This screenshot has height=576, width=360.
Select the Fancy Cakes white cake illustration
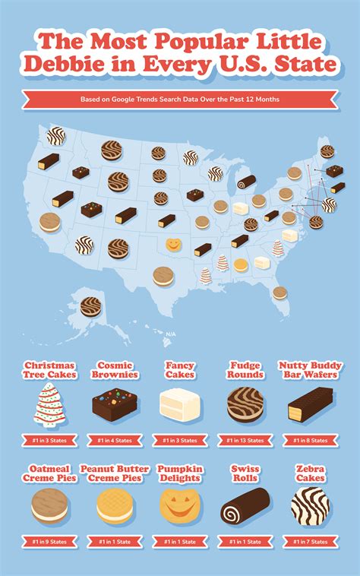click(180, 404)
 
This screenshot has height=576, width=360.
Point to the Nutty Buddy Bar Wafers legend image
click(311, 404)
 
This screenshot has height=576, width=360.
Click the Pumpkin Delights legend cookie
click(180, 505)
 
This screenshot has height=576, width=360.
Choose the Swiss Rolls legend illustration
click(245, 505)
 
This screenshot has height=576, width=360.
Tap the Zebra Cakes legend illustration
click(311, 505)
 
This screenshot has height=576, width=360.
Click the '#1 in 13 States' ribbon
click(245, 440)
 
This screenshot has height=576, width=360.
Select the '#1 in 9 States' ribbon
click(49, 540)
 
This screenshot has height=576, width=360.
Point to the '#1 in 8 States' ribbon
click(311, 440)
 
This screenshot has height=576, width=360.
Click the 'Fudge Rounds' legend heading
click(245, 369)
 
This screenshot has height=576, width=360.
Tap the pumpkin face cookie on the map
click(174, 245)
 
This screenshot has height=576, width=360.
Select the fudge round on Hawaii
click(91, 306)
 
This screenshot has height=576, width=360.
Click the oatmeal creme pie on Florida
click(280, 293)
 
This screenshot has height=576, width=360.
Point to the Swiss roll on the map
click(246, 182)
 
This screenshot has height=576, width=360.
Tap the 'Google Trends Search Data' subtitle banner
click(180, 100)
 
